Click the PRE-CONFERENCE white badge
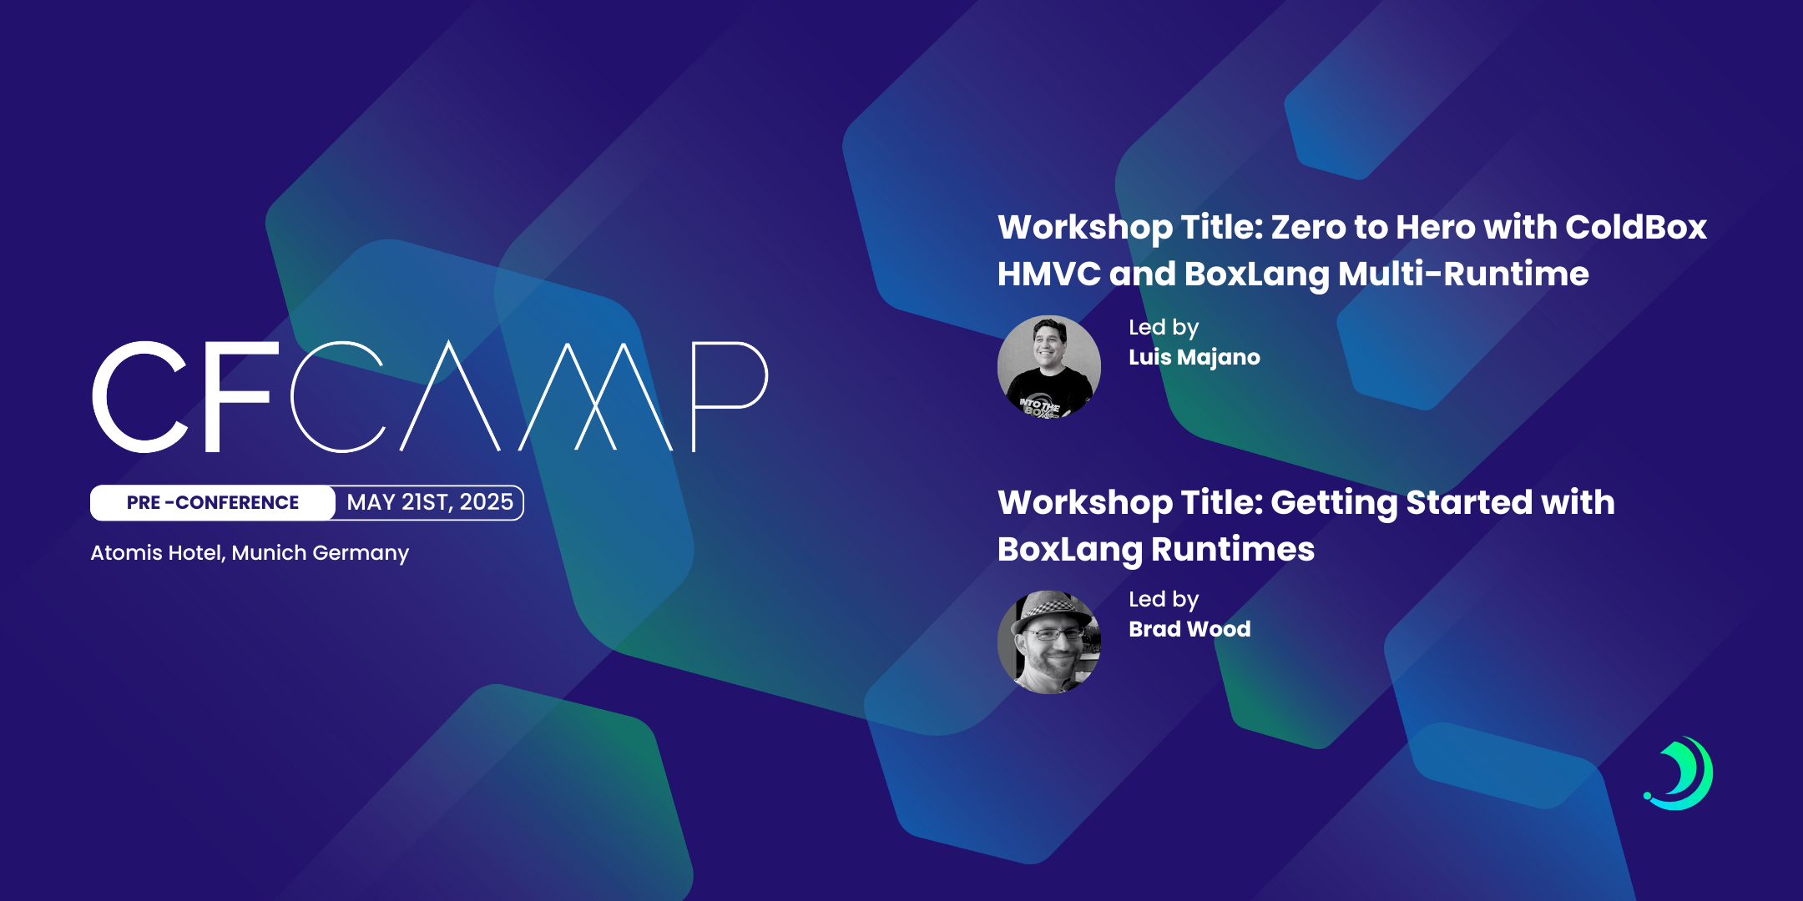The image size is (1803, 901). coord(212,502)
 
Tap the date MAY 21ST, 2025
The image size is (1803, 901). coord(430,502)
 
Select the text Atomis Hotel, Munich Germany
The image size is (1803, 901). coord(250,553)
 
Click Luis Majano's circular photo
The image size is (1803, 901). coord(1049,366)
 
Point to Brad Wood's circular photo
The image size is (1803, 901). coord(1049,642)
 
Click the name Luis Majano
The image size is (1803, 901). coord(1194,358)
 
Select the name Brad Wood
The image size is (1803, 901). coord(1189,629)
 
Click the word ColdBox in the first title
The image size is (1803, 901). coord(1636,227)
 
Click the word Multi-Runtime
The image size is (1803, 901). coord(1463,274)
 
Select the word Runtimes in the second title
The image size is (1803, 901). coord(1233,549)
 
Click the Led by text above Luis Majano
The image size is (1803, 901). coord(1164,328)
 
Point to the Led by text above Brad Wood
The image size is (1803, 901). coord(1164,600)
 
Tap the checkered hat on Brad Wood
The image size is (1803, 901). coord(1053,607)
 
